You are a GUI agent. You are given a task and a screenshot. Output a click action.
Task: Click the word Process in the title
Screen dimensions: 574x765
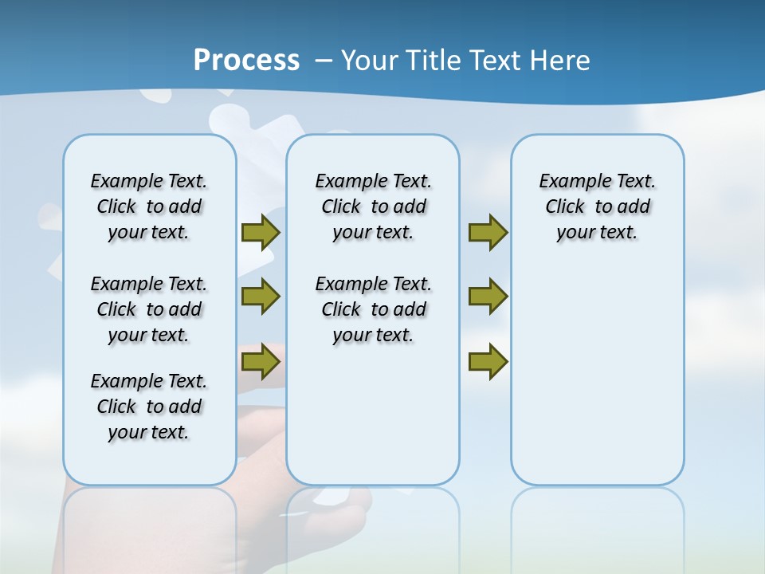point(246,61)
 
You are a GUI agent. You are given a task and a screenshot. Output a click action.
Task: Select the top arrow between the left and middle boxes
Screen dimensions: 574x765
point(261,233)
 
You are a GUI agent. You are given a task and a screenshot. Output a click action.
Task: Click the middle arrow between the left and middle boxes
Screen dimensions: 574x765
point(261,297)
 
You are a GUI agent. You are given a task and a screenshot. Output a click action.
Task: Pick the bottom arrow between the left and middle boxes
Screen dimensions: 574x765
point(261,362)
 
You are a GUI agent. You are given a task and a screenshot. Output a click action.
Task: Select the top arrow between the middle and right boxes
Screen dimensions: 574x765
point(488,233)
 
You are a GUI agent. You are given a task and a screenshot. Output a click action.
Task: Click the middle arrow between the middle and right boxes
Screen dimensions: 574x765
point(488,297)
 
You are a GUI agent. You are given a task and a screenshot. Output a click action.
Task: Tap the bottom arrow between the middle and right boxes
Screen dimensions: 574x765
point(488,362)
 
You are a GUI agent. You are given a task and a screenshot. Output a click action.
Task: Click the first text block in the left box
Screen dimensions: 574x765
point(149,206)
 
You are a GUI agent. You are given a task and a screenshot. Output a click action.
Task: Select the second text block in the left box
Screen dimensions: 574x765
point(149,309)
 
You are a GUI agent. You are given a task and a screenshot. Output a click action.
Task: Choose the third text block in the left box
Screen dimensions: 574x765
point(149,407)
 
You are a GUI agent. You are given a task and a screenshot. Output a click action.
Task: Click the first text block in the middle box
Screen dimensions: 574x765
point(374,206)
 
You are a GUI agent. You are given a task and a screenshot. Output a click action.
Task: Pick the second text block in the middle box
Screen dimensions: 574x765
point(374,309)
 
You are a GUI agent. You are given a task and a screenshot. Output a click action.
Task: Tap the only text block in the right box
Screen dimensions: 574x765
point(598,206)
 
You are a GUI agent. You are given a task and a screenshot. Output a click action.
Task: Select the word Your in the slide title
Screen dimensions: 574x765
point(369,61)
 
